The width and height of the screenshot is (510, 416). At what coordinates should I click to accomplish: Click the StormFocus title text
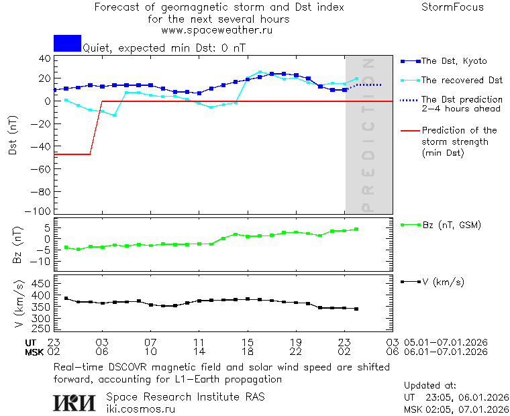click(x=452, y=7)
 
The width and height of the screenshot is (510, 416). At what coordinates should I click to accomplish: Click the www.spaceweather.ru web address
click(x=217, y=30)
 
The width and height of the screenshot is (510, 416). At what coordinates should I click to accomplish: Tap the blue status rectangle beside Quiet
click(x=67, y=43)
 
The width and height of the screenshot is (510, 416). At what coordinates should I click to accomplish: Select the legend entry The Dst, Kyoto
click(x=454, y=61)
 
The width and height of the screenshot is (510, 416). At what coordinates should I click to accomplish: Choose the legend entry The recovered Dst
click(x=462, y=81)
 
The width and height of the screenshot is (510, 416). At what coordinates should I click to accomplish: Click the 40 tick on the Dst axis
click(x=44, y=58)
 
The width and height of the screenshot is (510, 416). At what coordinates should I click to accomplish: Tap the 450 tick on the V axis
click(x=42, y=283)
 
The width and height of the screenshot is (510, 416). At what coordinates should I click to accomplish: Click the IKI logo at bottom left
click(x=75, y=402)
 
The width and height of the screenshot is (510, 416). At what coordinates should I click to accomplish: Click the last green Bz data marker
click(x=356, y=229)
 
